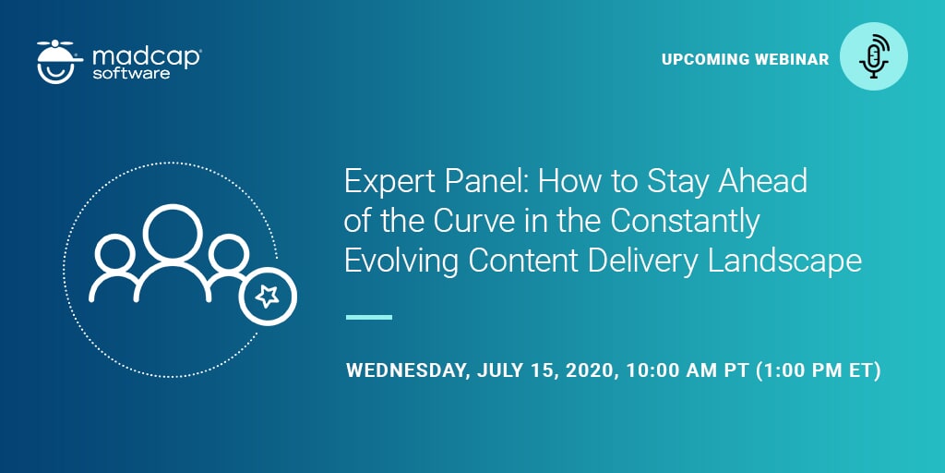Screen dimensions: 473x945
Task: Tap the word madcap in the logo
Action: [x=147, y=55]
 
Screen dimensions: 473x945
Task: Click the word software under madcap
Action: [x=131, y=73]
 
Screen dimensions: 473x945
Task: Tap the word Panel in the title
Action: [x=479, y=182]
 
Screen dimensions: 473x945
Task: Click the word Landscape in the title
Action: [x=785, y=261]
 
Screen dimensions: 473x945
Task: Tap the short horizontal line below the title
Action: [x=368, y=317]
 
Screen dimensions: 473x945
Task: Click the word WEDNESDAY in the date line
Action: [x=407, y=371]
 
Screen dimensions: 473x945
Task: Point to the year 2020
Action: [x=588, y=371]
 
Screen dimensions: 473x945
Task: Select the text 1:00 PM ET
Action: [x=819, y=371]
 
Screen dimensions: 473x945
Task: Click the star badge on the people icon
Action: [x=268, y=297]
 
